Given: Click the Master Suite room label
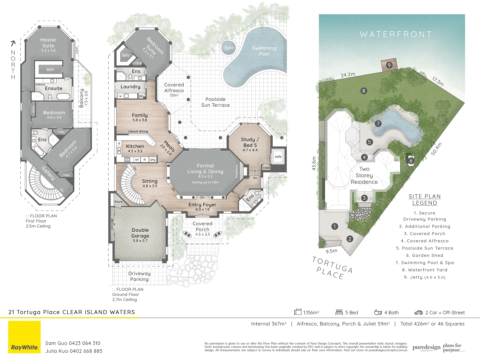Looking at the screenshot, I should coord(48,43).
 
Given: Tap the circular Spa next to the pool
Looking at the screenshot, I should coord(229,48).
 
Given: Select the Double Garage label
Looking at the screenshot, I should coord(140,233).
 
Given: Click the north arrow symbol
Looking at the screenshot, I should coord(13,43).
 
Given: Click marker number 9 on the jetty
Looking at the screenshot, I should coord(389,65).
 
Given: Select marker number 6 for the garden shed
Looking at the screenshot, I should coord(411,161).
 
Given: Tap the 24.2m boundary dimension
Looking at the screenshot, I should coord(348,75).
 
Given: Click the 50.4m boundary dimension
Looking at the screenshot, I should coord(437,149).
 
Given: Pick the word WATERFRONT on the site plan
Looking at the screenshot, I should coord(396,34).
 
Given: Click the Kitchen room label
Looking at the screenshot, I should coord(135,146).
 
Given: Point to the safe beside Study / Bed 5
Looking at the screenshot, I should coord(278,156).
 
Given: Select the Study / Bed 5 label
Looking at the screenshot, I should coord(250,142).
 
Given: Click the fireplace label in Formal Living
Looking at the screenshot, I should coord(237,171).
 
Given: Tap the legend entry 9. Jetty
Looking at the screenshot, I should coord(424,277).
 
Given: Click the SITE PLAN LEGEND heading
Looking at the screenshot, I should coord(425,200).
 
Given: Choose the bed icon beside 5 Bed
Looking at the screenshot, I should coord(339,312).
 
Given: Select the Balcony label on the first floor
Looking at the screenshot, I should coord(82,98).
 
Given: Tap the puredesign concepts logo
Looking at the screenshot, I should coord(426,348).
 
